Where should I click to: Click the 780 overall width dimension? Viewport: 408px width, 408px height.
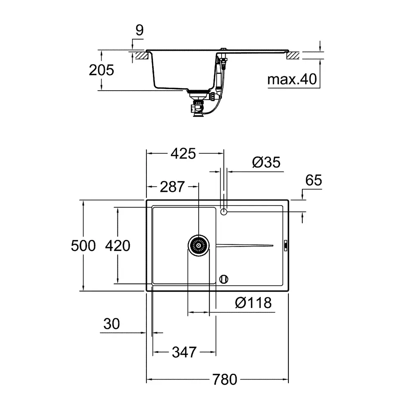pos(224,379)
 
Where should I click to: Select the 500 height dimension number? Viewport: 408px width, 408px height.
pos(83,246)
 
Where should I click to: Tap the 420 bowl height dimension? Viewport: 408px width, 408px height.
pos(118,246)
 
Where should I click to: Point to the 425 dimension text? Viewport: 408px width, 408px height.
pos(183,153)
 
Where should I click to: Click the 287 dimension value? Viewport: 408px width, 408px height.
pos(172,187)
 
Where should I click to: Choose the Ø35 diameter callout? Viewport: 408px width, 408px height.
pos(266,162)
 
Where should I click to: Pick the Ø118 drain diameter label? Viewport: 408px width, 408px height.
pos(253,303)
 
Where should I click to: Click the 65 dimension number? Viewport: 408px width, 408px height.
pos(313,180)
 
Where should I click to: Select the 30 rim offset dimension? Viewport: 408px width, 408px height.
pos(112,324)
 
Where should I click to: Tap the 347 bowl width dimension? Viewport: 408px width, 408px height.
pos(184,353)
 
